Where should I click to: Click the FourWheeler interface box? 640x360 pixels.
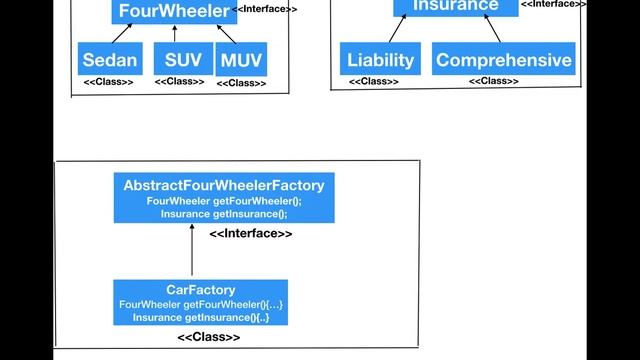point(169,12)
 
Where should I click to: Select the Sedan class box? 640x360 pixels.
point(110,60)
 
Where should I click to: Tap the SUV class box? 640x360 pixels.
point(183,60)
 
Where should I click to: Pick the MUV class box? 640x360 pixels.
point(241,60)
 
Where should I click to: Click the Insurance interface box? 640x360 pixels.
point(455,7)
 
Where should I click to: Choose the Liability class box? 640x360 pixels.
point(380,60)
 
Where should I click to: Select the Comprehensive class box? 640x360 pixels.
point(504,60)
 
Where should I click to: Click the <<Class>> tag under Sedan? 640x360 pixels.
point(108,82)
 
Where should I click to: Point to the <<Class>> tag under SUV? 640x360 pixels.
point(180,82)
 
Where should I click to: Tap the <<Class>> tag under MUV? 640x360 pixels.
point(241,83)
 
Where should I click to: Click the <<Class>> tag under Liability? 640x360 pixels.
point(374,82)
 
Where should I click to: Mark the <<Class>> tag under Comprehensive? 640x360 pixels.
point(494,82)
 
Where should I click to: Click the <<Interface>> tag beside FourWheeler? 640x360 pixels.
point(264,9)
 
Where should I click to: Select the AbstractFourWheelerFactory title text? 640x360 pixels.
point(223,186)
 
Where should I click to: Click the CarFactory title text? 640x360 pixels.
point(200,290)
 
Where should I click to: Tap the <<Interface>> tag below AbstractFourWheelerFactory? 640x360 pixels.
point(251,234)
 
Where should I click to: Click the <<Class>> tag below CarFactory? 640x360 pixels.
point(208,338)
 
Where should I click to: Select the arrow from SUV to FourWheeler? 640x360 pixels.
point(174,33)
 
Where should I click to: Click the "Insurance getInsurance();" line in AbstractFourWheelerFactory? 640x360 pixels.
point(223,213)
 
